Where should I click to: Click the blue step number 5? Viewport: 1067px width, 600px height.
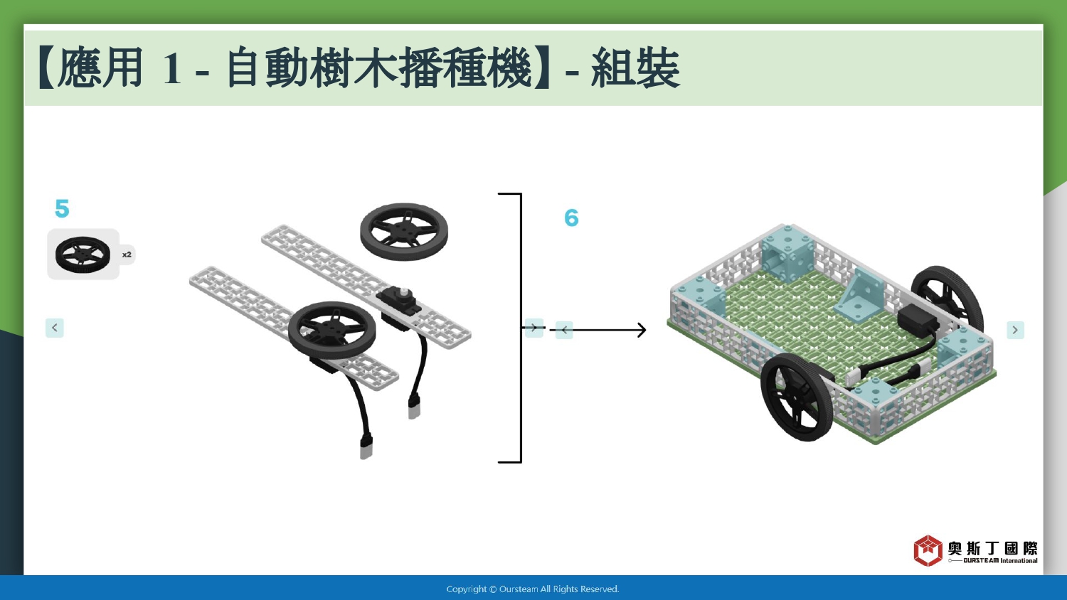tap(62, 208)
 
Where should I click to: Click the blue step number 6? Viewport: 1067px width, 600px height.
tap(571, 218)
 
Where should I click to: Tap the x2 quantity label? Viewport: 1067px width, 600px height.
tap(127, 255)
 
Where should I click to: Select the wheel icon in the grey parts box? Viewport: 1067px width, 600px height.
tap(83, 255)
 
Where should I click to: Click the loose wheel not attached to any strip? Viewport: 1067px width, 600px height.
tap(403, 232)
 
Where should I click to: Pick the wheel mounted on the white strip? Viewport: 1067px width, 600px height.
tap(332, 331)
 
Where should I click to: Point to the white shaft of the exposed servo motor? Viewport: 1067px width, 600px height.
tap(405, 292)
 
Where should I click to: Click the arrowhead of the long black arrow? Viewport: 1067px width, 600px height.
tap(642, 330)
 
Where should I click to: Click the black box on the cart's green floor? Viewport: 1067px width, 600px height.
tap(918, 318)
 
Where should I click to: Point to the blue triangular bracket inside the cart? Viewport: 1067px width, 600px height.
tap(860, 296)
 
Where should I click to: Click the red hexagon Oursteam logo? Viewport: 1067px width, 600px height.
tap(928, 550)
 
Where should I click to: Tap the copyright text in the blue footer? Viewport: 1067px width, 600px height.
tap(533, 589)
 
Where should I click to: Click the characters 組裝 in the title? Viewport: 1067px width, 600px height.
tap(635, 68)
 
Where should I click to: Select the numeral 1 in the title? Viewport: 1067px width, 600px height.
tap(171, 68)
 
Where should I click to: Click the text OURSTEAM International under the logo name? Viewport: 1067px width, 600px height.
tap(1000, 560)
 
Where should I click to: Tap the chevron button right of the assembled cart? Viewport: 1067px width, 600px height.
tap(1015, 330)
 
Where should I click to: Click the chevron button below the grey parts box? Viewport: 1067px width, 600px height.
tap(54, 328)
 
